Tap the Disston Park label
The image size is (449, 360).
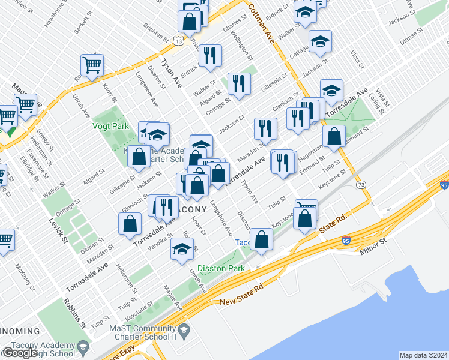tap(221, 268)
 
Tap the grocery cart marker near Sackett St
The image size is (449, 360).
tap(92, 65)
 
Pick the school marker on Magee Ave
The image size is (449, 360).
tap(182, 248)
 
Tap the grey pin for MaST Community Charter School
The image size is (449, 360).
tap(184, 329)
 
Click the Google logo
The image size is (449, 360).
tap(20, 353)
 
